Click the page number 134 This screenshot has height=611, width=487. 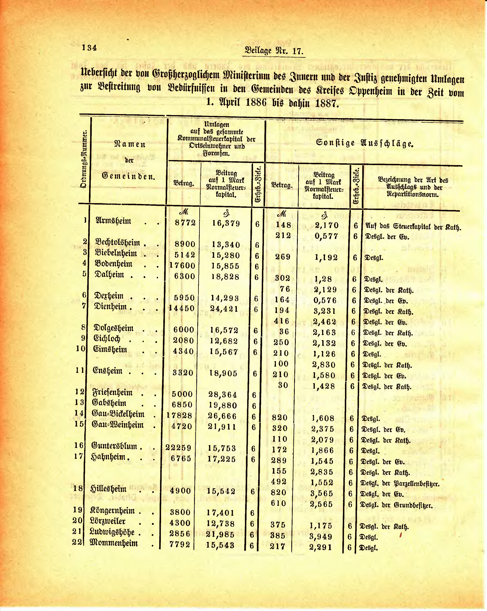tap(89, 48)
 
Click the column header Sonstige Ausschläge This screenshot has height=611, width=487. tap(364, 143)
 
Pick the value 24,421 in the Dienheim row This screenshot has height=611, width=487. tap(224, 309)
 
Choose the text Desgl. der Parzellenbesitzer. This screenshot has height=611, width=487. tap(400, 484)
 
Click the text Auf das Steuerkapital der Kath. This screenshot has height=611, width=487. tap(413, 227)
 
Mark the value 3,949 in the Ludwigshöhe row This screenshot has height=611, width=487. tap(321, 537)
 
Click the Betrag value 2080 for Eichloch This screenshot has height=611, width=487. tap(183, 340)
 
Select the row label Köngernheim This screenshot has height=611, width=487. tap(112, 511)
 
